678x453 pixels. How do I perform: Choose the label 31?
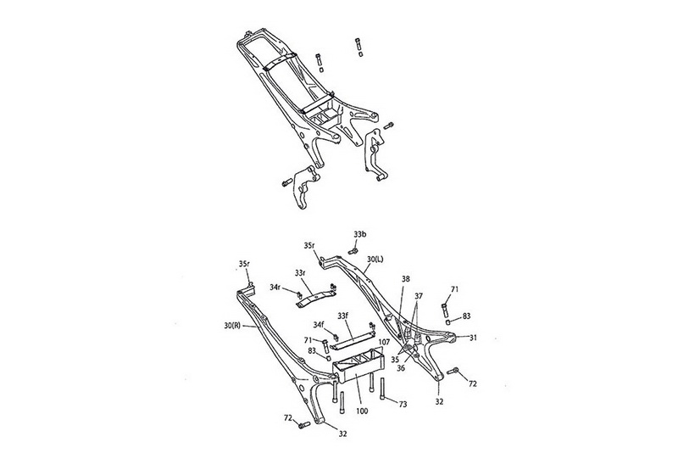[x=473, y=338]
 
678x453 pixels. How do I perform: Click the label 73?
[x=402, y=404]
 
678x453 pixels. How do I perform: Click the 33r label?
[x=300, y=272]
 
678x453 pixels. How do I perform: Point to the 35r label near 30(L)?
[x=309, y=245]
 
